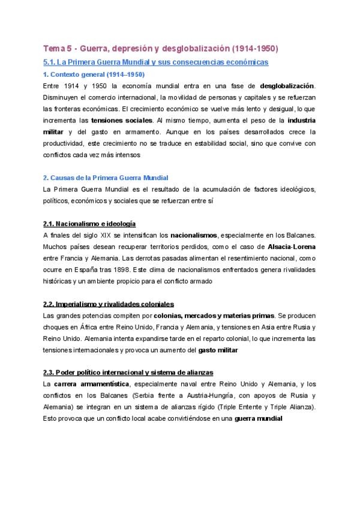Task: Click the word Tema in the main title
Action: [x=55, y=48]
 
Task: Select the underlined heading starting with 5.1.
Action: [x=156, y=62]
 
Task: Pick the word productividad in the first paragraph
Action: [x=69, y=143]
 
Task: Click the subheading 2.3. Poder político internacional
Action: [x=128, y=372]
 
